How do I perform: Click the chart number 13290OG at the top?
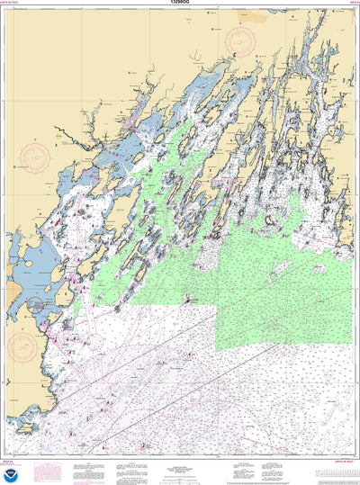[180, 4]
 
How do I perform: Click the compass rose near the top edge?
[240, 40]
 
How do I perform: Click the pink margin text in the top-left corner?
[19, 4]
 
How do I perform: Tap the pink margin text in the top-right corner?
[349, 4]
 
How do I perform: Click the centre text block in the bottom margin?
[180, 470]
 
